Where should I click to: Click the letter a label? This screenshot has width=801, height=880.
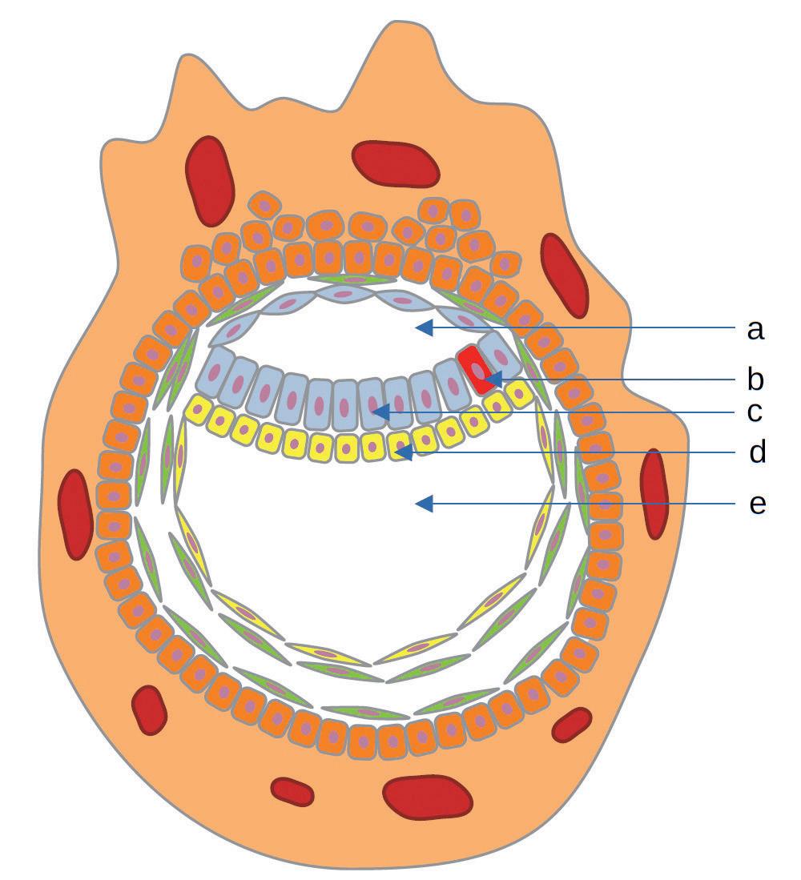click(755, 329)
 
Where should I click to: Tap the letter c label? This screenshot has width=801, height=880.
click(755, 413)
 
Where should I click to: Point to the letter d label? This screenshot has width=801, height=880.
click(757, 453)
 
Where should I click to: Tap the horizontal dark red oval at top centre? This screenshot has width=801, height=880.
click(396, 164)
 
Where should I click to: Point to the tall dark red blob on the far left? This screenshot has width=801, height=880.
click(76, 513)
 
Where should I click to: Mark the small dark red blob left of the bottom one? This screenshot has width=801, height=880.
click(292, 791)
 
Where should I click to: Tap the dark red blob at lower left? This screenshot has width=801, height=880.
click(149, 709)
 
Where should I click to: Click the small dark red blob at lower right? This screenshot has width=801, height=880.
click(572, 724)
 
